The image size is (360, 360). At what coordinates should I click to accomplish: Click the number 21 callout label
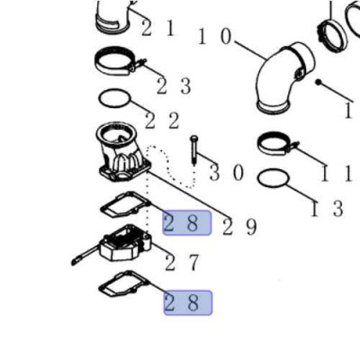point(157,28)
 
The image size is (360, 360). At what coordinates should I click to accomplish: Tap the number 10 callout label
point(215,37)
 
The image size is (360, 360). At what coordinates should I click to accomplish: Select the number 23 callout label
point(174,86)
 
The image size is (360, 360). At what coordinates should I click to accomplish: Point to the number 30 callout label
point(227,173)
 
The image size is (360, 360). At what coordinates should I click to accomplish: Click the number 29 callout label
point(239,227)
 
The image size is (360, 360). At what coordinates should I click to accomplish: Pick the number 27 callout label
point(182,262)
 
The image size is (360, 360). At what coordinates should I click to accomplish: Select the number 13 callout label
point(327,209)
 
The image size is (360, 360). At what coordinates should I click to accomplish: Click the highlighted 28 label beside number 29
point(187,222)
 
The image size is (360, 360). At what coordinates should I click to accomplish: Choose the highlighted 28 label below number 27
point(188,302)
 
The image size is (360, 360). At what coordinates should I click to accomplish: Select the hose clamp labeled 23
point(115,63)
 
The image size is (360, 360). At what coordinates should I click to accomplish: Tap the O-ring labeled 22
point(100,99)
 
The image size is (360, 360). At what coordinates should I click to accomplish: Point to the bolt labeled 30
point(194,150)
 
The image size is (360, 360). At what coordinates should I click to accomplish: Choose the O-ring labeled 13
point(258,180)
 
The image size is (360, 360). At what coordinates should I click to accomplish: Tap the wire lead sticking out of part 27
point(85,256)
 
